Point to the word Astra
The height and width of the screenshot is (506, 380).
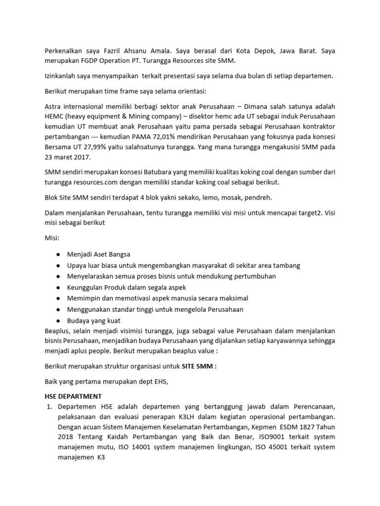54,106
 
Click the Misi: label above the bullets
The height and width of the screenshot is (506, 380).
52,238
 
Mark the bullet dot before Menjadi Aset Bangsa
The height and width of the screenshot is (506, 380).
58,254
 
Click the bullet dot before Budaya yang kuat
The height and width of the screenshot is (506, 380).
58,320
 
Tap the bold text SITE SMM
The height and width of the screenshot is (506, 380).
198,367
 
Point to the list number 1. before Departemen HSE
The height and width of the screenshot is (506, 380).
49,406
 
